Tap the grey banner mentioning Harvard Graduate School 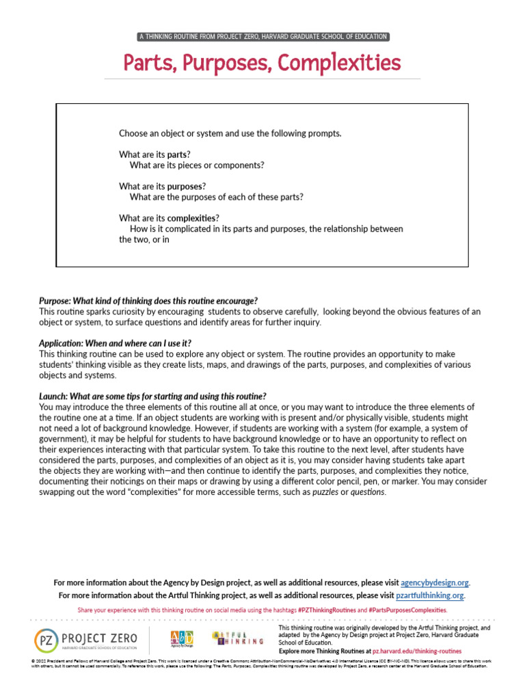262,36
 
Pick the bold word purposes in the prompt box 186,186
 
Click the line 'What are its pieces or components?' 196,165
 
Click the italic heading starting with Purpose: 148,301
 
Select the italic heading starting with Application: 115,343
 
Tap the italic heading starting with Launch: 152,396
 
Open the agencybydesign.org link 435,582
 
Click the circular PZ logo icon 45,641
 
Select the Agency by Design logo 181,640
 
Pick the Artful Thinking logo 237,638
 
